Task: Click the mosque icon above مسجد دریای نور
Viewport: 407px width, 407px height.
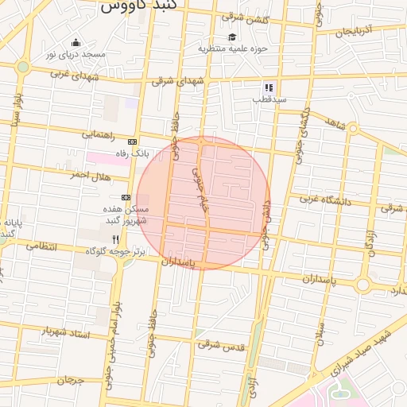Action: [x=76, y=43]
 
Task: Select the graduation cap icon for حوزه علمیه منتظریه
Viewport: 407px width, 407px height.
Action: [x=232, y=37]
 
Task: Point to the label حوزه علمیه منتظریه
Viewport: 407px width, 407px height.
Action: [x=233, y=48]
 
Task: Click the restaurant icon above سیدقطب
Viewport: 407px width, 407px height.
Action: [x=269, y=87]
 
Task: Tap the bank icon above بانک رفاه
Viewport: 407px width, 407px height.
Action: [x=132, y=141]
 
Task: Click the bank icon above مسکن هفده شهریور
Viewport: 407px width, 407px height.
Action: [x=126, y=196]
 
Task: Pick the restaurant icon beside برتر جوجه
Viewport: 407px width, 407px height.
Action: [x=115, y=238]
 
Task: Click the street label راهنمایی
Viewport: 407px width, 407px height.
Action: [x=98, y=135]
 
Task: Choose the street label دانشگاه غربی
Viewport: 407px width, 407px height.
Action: [x=324, y=200]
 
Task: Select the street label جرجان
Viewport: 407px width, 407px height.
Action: [x=70, y=380]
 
